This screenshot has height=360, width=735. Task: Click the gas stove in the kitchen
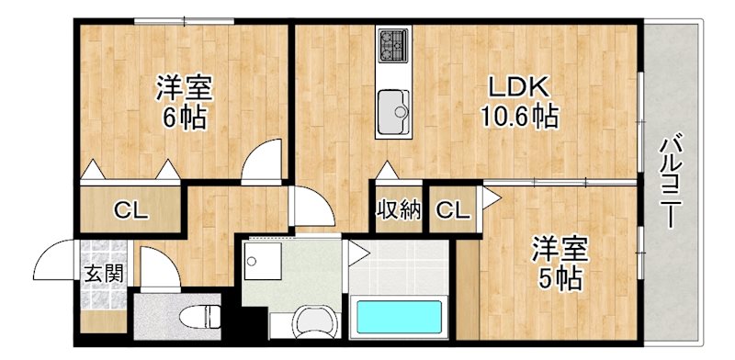point(393,43)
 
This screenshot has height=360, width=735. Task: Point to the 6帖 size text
point(184,118)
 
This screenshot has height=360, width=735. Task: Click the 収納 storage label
point(398,210)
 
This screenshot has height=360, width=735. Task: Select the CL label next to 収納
point(451,211)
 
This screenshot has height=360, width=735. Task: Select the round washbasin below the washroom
point(313,324)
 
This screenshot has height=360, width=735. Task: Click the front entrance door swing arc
point(58,257)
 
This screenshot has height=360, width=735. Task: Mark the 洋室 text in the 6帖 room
point(184,89)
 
